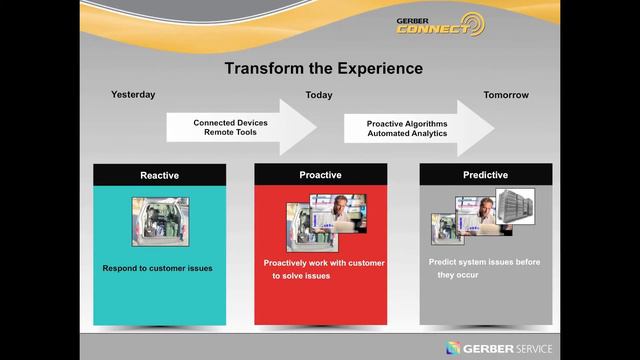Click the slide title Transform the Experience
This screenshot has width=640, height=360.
(x=323, y=69)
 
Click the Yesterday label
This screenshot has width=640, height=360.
(x=132, y=95)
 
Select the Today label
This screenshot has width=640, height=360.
(x=319, y=95)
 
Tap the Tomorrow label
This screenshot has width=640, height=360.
(x=506, y=95)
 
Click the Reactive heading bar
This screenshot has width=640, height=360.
(x=159, y=175)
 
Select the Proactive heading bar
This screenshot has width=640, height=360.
(x=320, y=175)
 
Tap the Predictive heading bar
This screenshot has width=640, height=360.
(x=485, y=175)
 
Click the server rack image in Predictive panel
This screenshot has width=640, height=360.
(x=516, y=207)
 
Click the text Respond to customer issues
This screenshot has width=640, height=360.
(x=158, y=268)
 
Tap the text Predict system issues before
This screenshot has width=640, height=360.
(x=484, y=261)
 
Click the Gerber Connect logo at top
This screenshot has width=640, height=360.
(x=439, y=25)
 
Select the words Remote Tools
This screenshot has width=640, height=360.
(x=230, y=132)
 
